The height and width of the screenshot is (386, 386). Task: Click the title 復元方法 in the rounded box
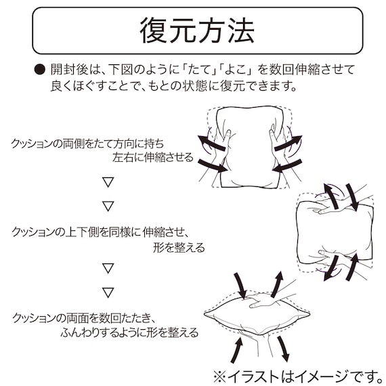point(197,31)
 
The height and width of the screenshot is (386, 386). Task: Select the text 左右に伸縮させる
point(153,158)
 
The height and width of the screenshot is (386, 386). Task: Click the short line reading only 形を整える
point(179,247)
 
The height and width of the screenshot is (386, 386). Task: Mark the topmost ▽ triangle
point(106,182)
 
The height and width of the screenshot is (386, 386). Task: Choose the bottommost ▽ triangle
point(106,293)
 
